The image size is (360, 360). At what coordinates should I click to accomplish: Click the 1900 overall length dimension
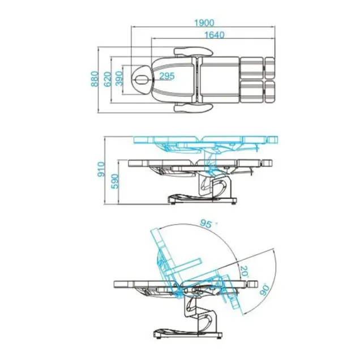(204, 23)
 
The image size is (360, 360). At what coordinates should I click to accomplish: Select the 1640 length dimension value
(214, 35)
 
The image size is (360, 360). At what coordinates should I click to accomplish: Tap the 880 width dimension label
(95, 79)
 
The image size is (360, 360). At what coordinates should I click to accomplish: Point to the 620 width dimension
(107, 79)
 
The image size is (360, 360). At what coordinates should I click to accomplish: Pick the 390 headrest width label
(119, 79)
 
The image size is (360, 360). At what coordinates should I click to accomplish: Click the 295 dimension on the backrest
(167, 76)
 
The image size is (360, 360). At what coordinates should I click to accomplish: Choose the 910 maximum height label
(101, 169)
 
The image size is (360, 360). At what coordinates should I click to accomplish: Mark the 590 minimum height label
(115, 181)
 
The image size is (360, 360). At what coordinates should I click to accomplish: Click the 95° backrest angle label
(205, 224)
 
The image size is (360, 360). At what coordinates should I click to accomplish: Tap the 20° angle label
(245, 271)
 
